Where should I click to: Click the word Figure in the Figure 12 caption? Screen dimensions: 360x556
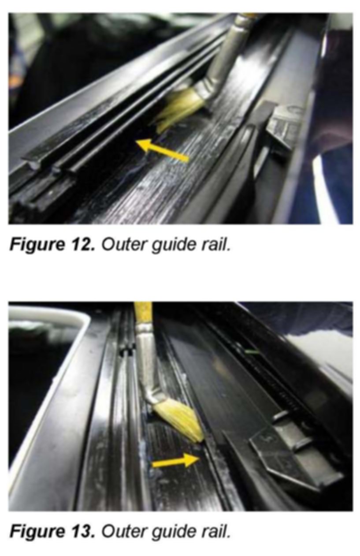[37, 246]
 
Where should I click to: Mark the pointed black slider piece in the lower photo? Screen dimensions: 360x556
[295, 457]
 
